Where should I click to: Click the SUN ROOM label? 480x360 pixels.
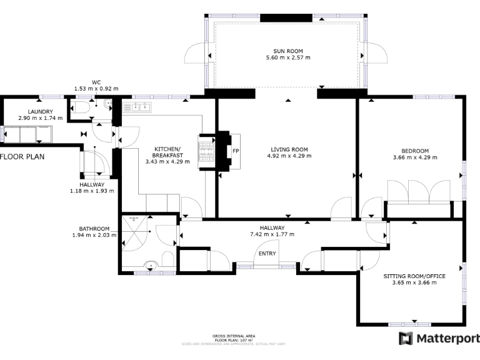[287, 50]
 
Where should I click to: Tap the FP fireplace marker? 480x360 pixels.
[236, 151]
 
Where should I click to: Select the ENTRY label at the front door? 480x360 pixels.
[267, 253]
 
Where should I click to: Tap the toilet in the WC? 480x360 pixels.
[85, 109]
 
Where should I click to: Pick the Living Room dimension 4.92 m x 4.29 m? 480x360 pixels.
[289, 157]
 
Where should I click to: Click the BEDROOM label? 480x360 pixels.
[415, 151]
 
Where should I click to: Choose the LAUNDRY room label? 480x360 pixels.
[31, 111]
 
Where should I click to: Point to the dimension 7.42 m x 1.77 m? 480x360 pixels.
[272, 234]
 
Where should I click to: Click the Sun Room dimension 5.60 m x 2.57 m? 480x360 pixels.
[287, 57]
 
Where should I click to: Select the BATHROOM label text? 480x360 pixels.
[94, 229]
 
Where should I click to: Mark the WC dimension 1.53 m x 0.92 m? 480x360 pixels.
[96, 89]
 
